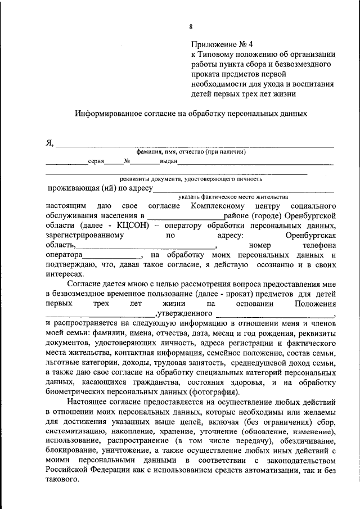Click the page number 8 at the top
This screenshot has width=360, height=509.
click(x=191, y=26)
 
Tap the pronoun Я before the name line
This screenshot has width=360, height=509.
click(x=49, y=143)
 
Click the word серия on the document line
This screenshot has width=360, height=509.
click(x=96, y=161)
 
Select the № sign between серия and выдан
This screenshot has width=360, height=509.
click(x=127, y=161)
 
